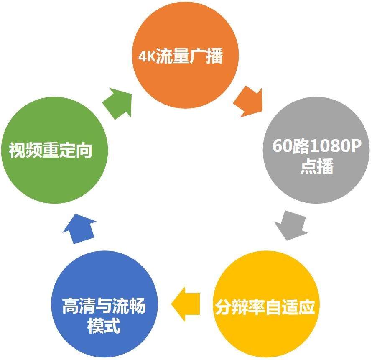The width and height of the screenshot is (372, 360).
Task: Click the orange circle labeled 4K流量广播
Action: click(185, 55)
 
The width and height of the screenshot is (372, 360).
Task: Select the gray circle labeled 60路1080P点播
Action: click(316, 150)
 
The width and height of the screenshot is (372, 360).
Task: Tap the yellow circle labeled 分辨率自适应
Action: click(266, 304)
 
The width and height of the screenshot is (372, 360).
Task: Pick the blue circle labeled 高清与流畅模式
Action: click(104, 304)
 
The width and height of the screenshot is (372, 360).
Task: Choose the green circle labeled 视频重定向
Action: click(55, 150)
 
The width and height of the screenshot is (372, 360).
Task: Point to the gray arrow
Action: click(291, 225)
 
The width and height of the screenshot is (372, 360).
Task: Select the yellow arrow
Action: click(186, 304)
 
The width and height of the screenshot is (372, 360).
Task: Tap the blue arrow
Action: click(79, 229)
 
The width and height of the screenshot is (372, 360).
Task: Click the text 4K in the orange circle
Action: click(147, 56)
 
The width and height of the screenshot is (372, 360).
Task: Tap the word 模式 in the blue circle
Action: click(104, 326)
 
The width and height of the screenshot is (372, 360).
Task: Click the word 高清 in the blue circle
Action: click(79, 306)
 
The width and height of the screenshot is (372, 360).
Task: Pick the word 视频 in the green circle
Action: click(25, 150)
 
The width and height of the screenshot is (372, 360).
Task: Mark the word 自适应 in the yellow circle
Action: click(290, 307)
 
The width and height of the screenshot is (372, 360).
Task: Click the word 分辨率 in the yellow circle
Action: click(240, 307)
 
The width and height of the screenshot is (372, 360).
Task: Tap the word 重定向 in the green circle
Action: click(67, 150)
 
